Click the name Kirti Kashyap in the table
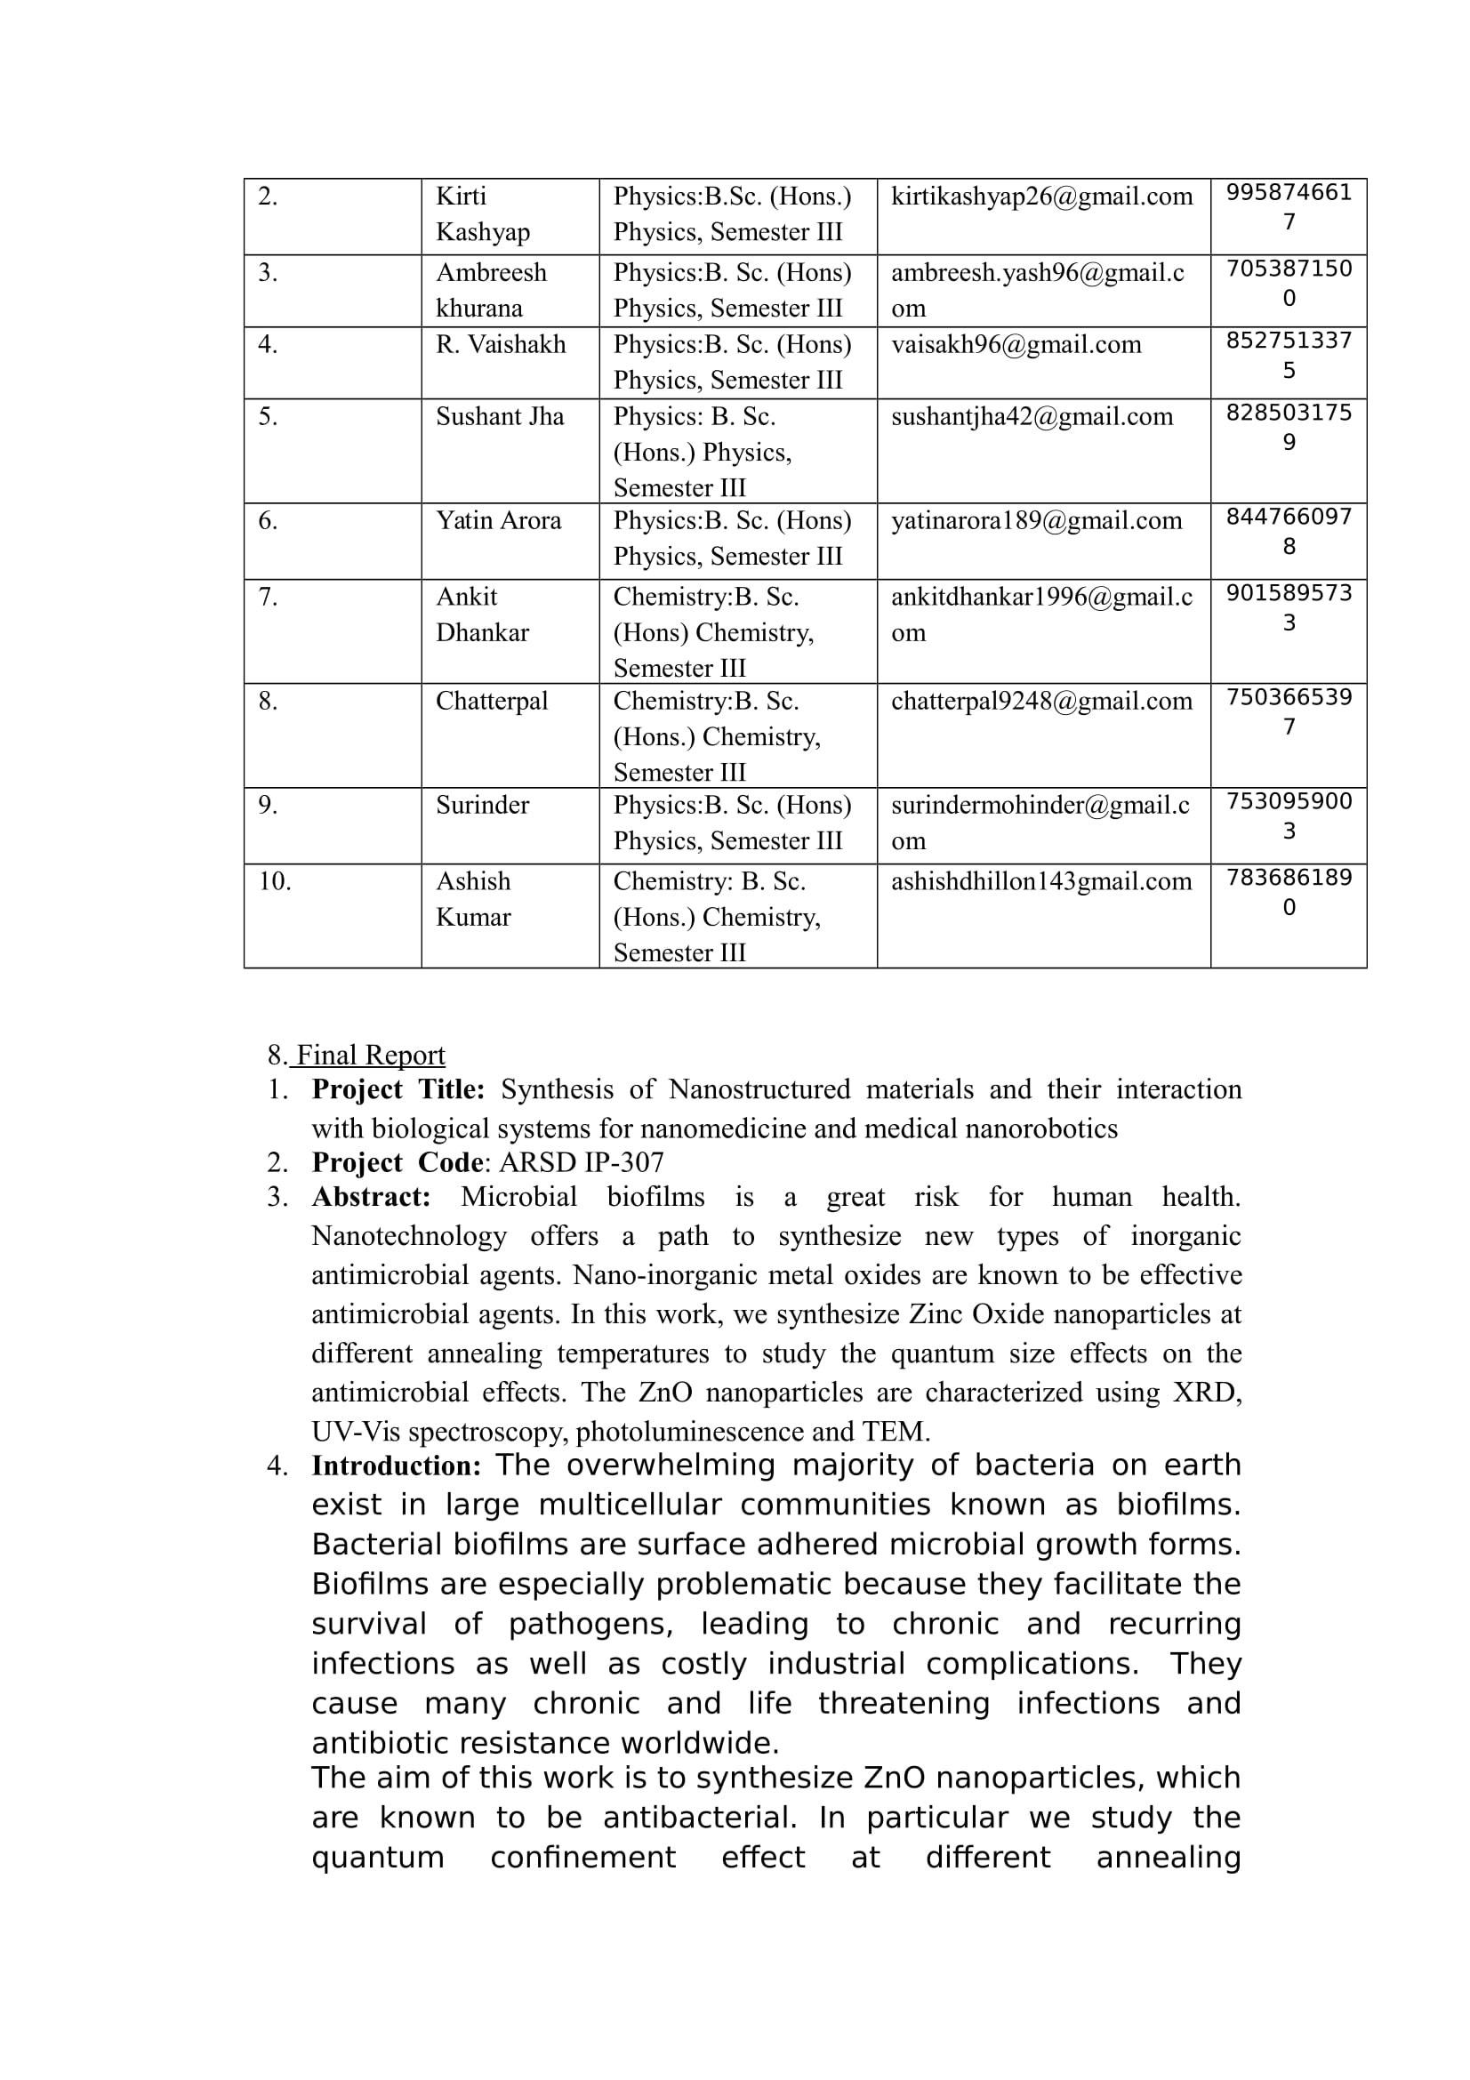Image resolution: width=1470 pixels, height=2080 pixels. point(482,213)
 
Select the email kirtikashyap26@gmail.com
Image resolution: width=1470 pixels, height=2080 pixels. point(1041,197)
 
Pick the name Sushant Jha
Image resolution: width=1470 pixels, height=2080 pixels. point(500,417)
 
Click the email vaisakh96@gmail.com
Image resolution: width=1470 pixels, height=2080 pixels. point(1016,344)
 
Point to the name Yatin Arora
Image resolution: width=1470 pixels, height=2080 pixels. point(498,521)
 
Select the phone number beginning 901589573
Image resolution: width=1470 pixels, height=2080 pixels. point(1288,607)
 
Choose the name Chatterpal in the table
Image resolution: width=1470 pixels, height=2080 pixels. point(492,701)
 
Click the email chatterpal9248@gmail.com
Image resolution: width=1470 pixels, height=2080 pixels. point(1041,701)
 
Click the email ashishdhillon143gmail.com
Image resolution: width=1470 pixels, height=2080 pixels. point(1041,881)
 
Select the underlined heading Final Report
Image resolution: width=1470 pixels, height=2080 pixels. point(371,1056)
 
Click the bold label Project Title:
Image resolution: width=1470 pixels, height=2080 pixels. point(398,1090)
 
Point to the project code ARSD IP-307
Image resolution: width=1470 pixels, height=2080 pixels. point(582,1163)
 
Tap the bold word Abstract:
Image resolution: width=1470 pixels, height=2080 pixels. point(372,1198)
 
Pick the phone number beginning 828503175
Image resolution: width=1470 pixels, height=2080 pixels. point(1288,427)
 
